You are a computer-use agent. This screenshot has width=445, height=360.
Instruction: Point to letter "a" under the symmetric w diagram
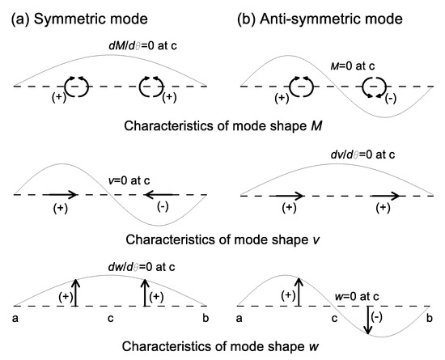tap(15, 318)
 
